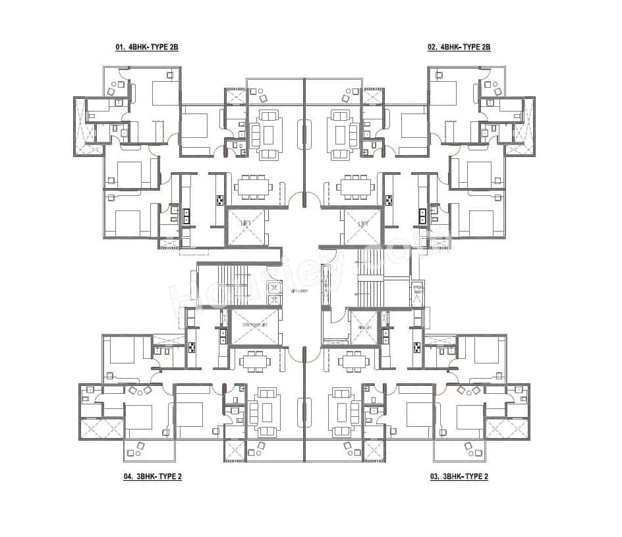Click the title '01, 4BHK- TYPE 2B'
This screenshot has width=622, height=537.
pos(147,47)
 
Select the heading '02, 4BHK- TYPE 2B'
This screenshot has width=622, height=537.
pos(459,47)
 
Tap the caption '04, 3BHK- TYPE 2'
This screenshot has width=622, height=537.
pos(152,476)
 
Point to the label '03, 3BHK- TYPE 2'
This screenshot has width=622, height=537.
pos(459,476)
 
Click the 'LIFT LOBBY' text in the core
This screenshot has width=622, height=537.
pos(300,290)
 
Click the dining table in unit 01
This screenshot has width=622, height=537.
pos(254,187)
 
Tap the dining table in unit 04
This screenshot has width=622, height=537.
pos(254,361)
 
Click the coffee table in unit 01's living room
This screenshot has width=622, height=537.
pos(268,135)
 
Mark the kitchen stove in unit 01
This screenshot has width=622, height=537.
pos(219,199)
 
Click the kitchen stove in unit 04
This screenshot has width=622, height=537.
pos(192,348)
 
